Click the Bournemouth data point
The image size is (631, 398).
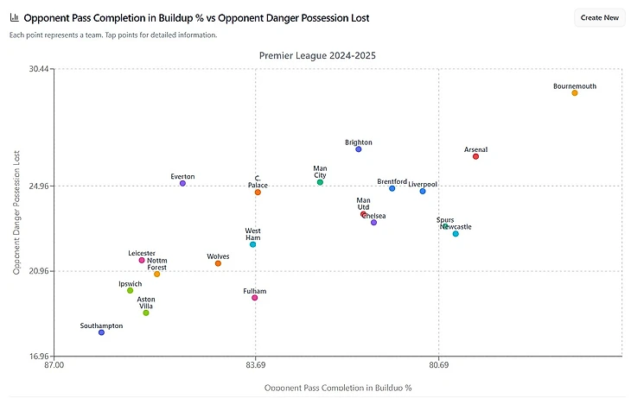(x=574, y=92)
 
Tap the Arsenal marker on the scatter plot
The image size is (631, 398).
(x=475, y=156)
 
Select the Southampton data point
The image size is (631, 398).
(x=101, y=332)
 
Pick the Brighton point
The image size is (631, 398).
(x=359, y=149)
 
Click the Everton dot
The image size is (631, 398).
(x=182, y=183)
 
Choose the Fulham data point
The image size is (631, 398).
(x=254, y=298)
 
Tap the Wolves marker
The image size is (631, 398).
(x=218, y=263)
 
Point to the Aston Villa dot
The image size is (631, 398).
(x=146, y=313)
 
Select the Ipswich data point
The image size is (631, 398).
(x=131, y=290)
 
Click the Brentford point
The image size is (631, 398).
(x=392, y=188)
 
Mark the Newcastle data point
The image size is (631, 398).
(x=456, y=234)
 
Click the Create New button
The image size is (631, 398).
(x=599, y=17)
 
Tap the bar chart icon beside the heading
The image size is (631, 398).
(x=14, y=17)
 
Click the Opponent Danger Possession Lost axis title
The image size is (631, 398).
(x=17, y=212)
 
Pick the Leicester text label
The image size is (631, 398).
(x=142, y=253)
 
